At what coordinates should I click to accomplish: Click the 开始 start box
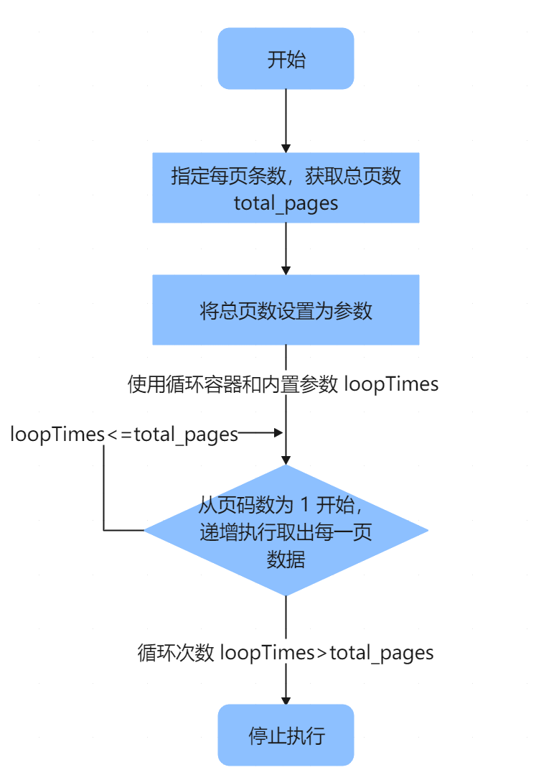[x=286, y=59]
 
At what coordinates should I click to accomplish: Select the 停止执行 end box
[x=286, y=735]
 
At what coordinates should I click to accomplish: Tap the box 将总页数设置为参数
[x=286, y=310]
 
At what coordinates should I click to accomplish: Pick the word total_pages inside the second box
[x=286, y=203]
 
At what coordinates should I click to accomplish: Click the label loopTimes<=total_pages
[x=123, y=435]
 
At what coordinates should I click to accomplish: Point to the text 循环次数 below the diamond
[x=176, y=653]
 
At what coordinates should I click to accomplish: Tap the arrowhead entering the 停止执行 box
[x=286, y=700]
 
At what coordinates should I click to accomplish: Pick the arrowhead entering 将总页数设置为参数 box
[x=286, y=270]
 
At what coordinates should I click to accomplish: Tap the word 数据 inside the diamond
[x=286, y=560]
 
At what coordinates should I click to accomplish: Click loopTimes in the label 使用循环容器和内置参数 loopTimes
[x=391, y=384]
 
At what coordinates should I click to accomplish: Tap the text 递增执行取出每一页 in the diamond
[x=286, y=533]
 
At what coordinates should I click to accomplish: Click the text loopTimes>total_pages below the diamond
[x=327, y=653]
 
